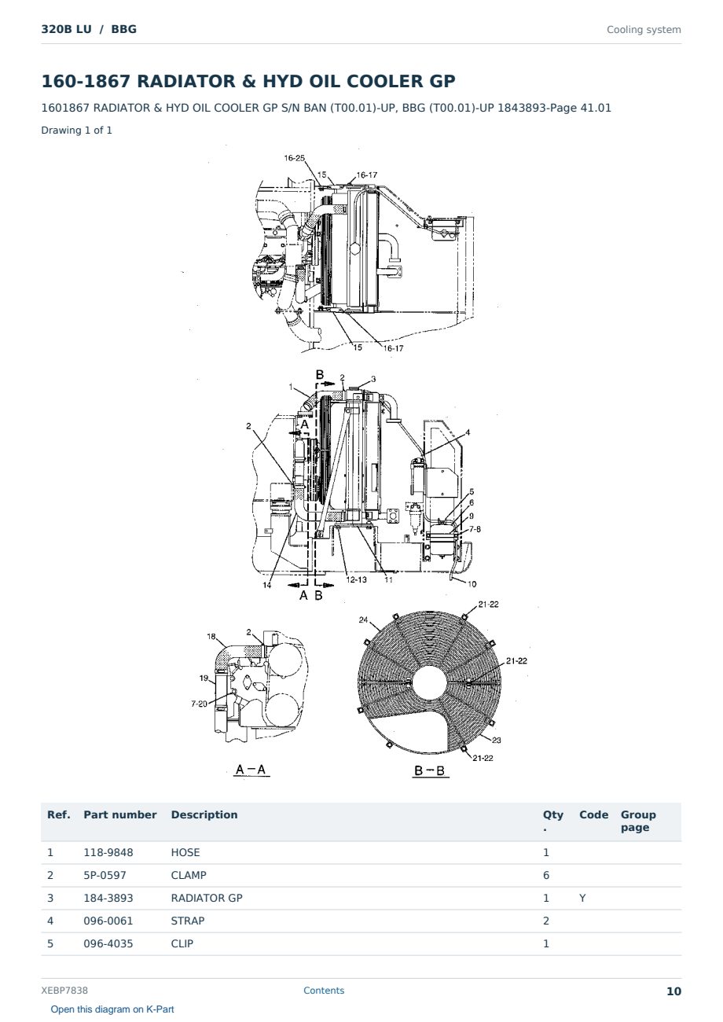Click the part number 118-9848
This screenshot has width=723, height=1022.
point(108,852)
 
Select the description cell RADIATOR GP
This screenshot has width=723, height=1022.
point(207,898)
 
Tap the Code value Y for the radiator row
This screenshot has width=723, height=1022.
point(582,898)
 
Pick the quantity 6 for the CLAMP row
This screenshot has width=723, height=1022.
point(546,875)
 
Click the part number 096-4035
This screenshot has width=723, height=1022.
point(108,943)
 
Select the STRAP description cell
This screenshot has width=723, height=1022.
point(188,921)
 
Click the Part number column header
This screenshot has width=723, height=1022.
point(120,815)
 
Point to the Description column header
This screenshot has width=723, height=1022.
point(204,815)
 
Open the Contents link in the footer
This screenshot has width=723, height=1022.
point(324,991)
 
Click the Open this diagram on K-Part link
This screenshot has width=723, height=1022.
point(112,1009)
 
